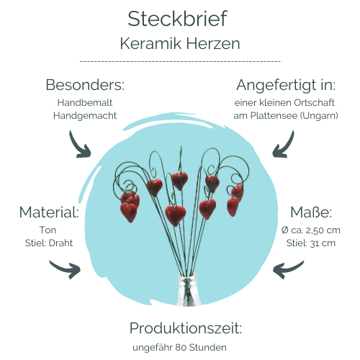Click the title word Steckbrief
pyautogui.click(x=177, y=19)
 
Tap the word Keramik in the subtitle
pyautogui.click(x=150, y=43)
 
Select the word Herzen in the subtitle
pyautogui.click(x=213, y=43)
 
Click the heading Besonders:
pyautogui.click(x=85, y=85)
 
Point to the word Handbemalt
pyautogui.click(x=85, y=102)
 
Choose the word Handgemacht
pyautogui.click(x=85, y=116)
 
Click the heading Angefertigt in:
pyautogui.click(x=286, y=85)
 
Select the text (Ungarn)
pyautogui.click(x=319, y=116)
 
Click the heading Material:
pyautogui.click(x=49, y=212)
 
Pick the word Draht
pyautogui.click(x=60, y=243)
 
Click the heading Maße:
pyautogui.click(x=311, y=212)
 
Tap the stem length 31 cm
pyautogui.click(x=323, y=243)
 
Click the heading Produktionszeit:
pyautogui.click(x=186, y=328)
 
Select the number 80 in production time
pyautogui.click(x=181, y=348)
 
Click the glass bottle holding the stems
pyautogui.click(x=187, y=290)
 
